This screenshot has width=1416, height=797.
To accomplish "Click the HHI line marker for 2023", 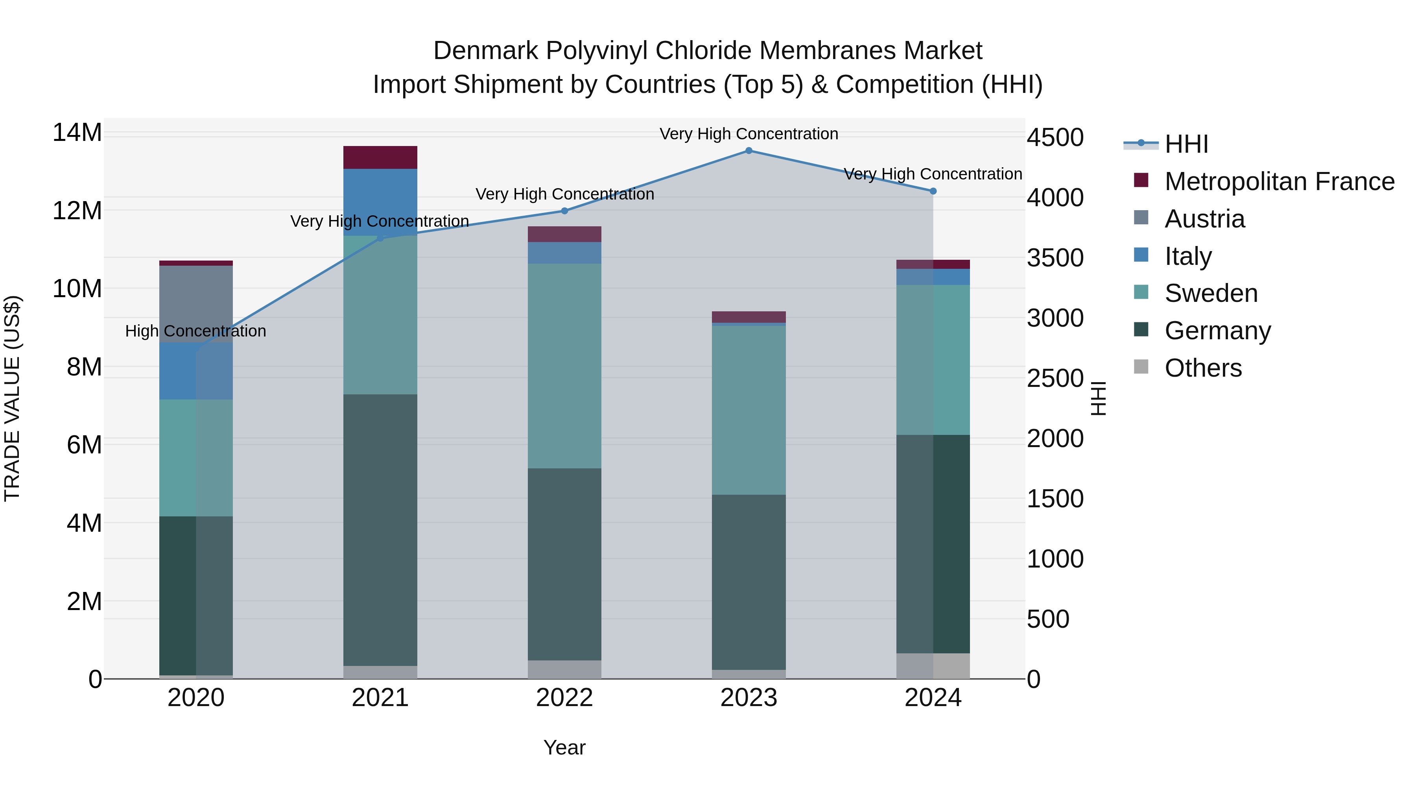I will click(749, 150).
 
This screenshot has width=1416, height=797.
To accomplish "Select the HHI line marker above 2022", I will click(564, 211).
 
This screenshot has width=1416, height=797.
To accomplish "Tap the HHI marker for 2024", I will click(933, 191).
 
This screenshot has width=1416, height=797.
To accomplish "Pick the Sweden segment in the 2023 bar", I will click(749, 410).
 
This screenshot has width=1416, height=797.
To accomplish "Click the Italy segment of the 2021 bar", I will click(380, 202).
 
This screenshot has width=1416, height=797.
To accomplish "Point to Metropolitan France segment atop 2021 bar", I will click(380, 157).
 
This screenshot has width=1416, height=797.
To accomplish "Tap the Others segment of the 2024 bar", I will click(933, 666).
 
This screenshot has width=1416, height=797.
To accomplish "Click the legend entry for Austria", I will click(1204, 219).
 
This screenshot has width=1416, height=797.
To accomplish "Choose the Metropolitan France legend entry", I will click(1279, 181).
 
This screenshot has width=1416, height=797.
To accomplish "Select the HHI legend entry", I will click(1186, 144).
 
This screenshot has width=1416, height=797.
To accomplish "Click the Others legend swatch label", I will click(1203, 368).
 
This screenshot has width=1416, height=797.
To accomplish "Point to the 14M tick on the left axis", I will click(77, 133).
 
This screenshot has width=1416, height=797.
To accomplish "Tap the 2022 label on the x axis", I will click(564, 698).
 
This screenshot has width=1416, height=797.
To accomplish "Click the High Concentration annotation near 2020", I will click(196, 331).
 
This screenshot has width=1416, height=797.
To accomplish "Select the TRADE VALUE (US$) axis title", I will click(12, 398).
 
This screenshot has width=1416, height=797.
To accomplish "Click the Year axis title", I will click(564, 747).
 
